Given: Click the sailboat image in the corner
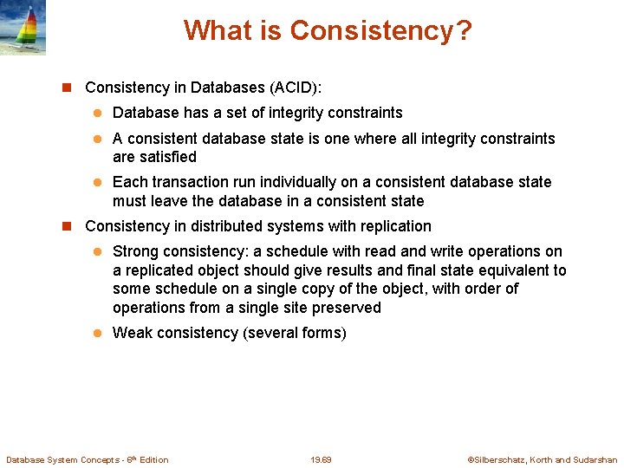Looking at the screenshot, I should click(23, 28).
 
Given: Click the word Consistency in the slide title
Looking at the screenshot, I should click(371, 31).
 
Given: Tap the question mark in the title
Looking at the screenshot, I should click(464, 31).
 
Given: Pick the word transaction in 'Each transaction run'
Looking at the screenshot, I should click(191, 182).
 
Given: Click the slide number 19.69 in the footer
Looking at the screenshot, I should click(321, 460).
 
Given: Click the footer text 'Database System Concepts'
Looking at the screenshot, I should click(65, 460).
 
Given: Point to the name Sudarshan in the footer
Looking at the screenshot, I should click(595, 460).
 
